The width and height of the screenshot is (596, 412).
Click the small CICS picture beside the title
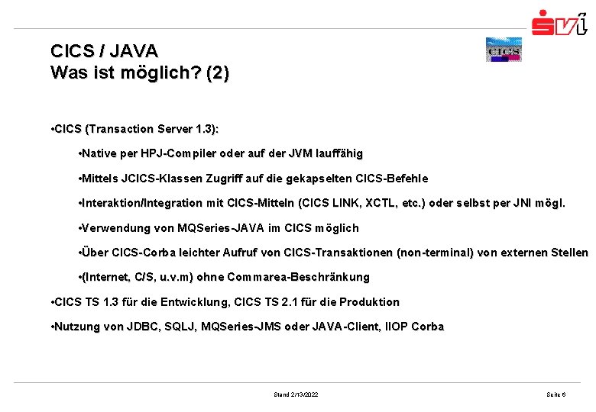(x=503, y=50)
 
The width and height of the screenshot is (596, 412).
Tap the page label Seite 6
(x=556, y=394)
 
